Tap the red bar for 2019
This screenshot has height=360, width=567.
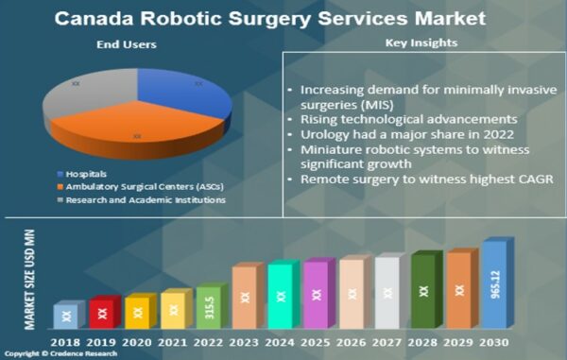point(101,313)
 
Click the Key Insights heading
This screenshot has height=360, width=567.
point(421,43)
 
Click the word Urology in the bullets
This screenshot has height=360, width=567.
point(323,133)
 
